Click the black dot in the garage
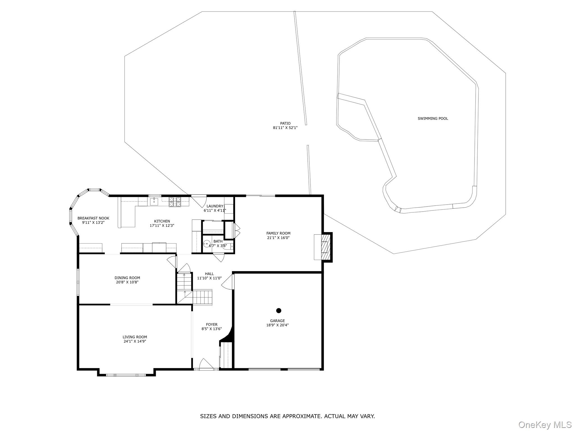(x=279, y=310)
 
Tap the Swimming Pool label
(x=433, y=118)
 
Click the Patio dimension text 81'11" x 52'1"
(x=285, y=128)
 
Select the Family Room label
(x=278, y=233)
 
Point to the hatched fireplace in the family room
(x=325, y=247)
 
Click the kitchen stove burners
(x=175, y=202)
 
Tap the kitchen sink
(x=154, y=201)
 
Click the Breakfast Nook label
(x=93, y=218)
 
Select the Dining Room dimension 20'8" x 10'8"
(x=127, y=282)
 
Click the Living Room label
(x=135, y=337)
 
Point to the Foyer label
(x=212, y=324)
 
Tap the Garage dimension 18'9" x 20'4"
(x=277, y=325)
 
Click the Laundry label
(x=215, y=206)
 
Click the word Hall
(x=209, y=274)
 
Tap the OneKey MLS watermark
(x=545, y=425)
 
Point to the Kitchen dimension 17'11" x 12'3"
(x=162, y=225)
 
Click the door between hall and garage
(x=228, y=282)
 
